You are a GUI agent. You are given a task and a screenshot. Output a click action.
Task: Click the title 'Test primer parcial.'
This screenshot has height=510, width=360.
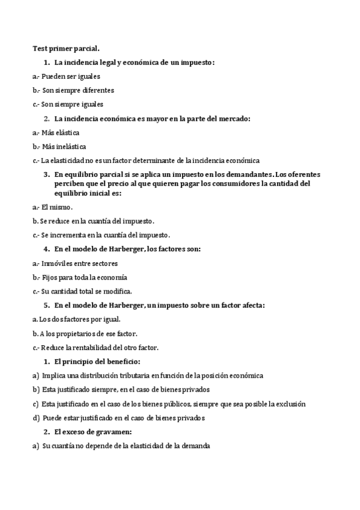66,48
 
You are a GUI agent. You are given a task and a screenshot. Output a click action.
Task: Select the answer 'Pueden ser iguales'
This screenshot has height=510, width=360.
71,76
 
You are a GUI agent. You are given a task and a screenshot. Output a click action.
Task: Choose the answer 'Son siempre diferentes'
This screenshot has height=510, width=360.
78,90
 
